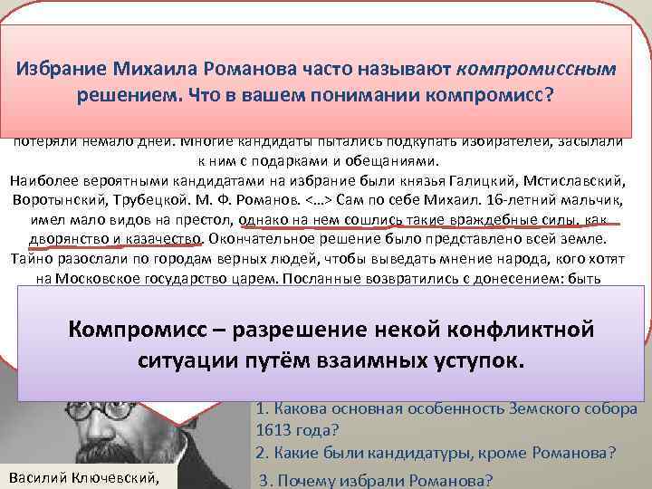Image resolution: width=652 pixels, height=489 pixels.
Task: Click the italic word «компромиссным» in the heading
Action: coord(537,68)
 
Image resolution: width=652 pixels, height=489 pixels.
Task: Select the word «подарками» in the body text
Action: coord(302,161)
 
